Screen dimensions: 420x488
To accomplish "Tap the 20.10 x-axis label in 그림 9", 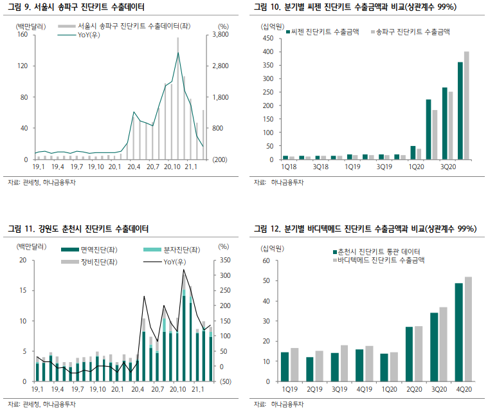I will (172, 167).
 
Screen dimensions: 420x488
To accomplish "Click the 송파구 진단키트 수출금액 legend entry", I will (419, 31).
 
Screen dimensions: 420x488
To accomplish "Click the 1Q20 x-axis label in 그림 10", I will (416, 167).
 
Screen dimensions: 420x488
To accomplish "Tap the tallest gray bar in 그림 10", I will (466, 105).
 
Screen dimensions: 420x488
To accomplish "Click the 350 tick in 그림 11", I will (219, 260).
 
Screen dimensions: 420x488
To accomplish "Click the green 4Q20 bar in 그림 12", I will (459, 332).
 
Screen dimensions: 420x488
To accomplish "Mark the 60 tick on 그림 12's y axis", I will (268, 260).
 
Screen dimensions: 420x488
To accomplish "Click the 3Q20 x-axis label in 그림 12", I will (438, 389).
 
